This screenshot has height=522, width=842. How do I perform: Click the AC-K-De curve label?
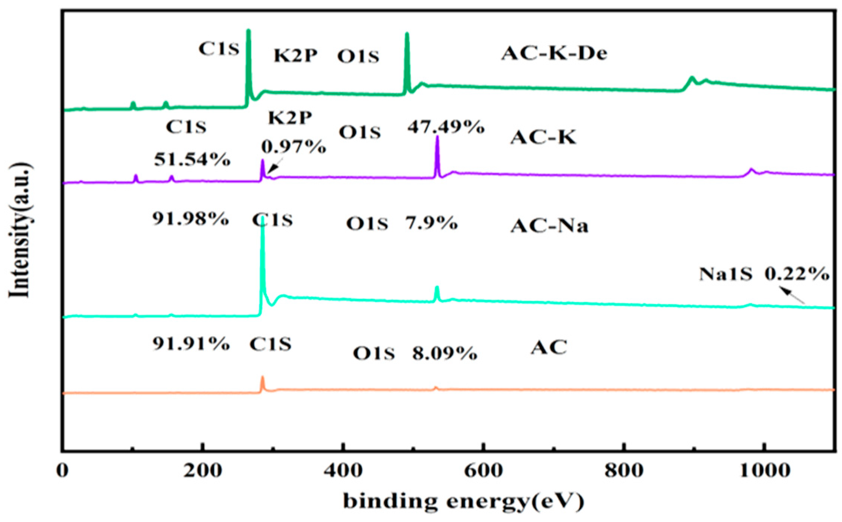(554, 53)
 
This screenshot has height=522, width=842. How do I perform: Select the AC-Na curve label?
(549, 226)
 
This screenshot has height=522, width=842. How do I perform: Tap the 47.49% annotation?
(446, 127)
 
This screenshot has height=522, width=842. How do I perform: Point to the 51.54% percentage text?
(192, 160)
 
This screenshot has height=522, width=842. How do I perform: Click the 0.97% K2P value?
(294, 147)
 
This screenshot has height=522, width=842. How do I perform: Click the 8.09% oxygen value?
(444, 353)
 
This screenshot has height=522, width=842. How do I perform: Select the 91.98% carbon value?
(190, 219)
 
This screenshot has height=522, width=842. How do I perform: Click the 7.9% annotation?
(431, 223)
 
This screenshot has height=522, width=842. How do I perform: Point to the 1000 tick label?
(765, 471)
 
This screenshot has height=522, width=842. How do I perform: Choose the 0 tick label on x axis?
(63, 471)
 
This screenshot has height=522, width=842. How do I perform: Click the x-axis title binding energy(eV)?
(463, 501)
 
